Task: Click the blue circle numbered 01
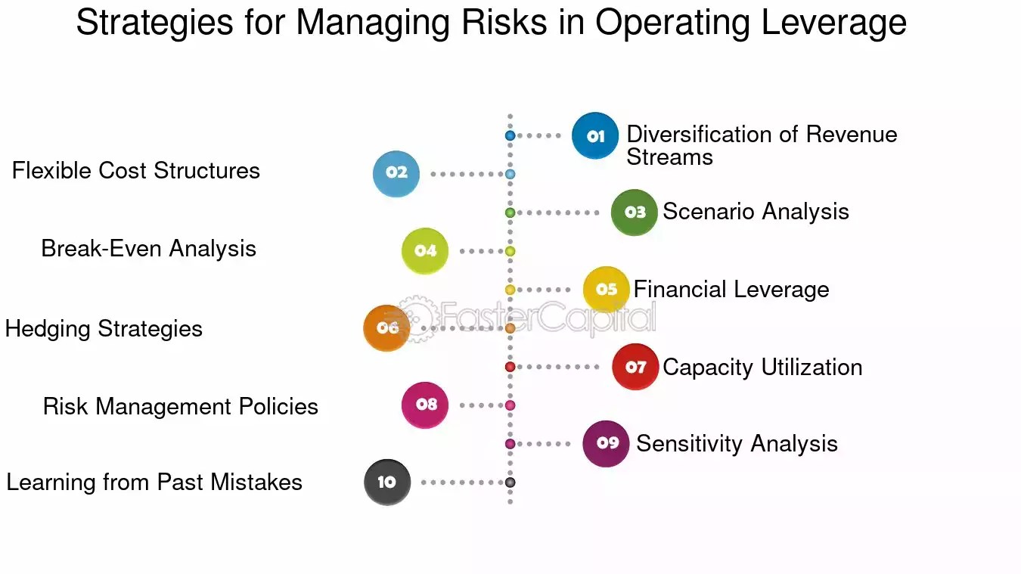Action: (595, 135)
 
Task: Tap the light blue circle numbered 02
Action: (396, 173)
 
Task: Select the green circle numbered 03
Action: (635, 213)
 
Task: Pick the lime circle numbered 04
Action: (425, 251)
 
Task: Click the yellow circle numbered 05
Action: (607, 290)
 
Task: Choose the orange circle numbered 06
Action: (387, 328)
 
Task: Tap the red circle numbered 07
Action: (635, 367)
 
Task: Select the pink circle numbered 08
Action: (425, 405)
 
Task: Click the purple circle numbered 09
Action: (607, 443)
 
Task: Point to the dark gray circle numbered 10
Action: (387, 482)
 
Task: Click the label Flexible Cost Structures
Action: (136, 171)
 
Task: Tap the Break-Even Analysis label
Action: (149, 249)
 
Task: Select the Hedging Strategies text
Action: (104, 329)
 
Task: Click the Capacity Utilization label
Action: (762, 368)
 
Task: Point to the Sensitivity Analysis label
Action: (737, 444)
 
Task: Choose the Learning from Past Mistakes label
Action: (154, 482)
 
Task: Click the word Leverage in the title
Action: (834, 23)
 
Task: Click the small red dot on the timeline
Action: (510, 367)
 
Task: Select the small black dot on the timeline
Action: (510, 482)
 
